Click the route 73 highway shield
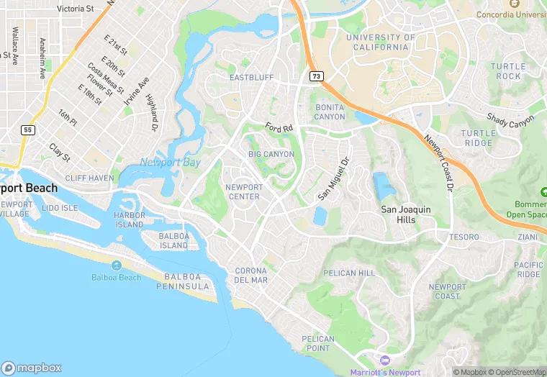point(316,76)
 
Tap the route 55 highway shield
point(27,130)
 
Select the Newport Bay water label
point(170,162)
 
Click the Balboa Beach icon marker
point(116,265)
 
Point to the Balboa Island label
point(164,240)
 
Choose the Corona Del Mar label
point(251,275)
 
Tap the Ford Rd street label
point(279,127)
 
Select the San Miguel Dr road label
point(333,179)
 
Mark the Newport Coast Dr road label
point(440,164)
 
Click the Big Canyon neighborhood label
point(271,154)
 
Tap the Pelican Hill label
point(349,273)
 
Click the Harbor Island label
point(130,219)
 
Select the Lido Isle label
point(60,208)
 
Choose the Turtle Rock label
point(505,71)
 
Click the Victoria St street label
point(75,9)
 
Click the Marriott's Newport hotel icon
point(384,360)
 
